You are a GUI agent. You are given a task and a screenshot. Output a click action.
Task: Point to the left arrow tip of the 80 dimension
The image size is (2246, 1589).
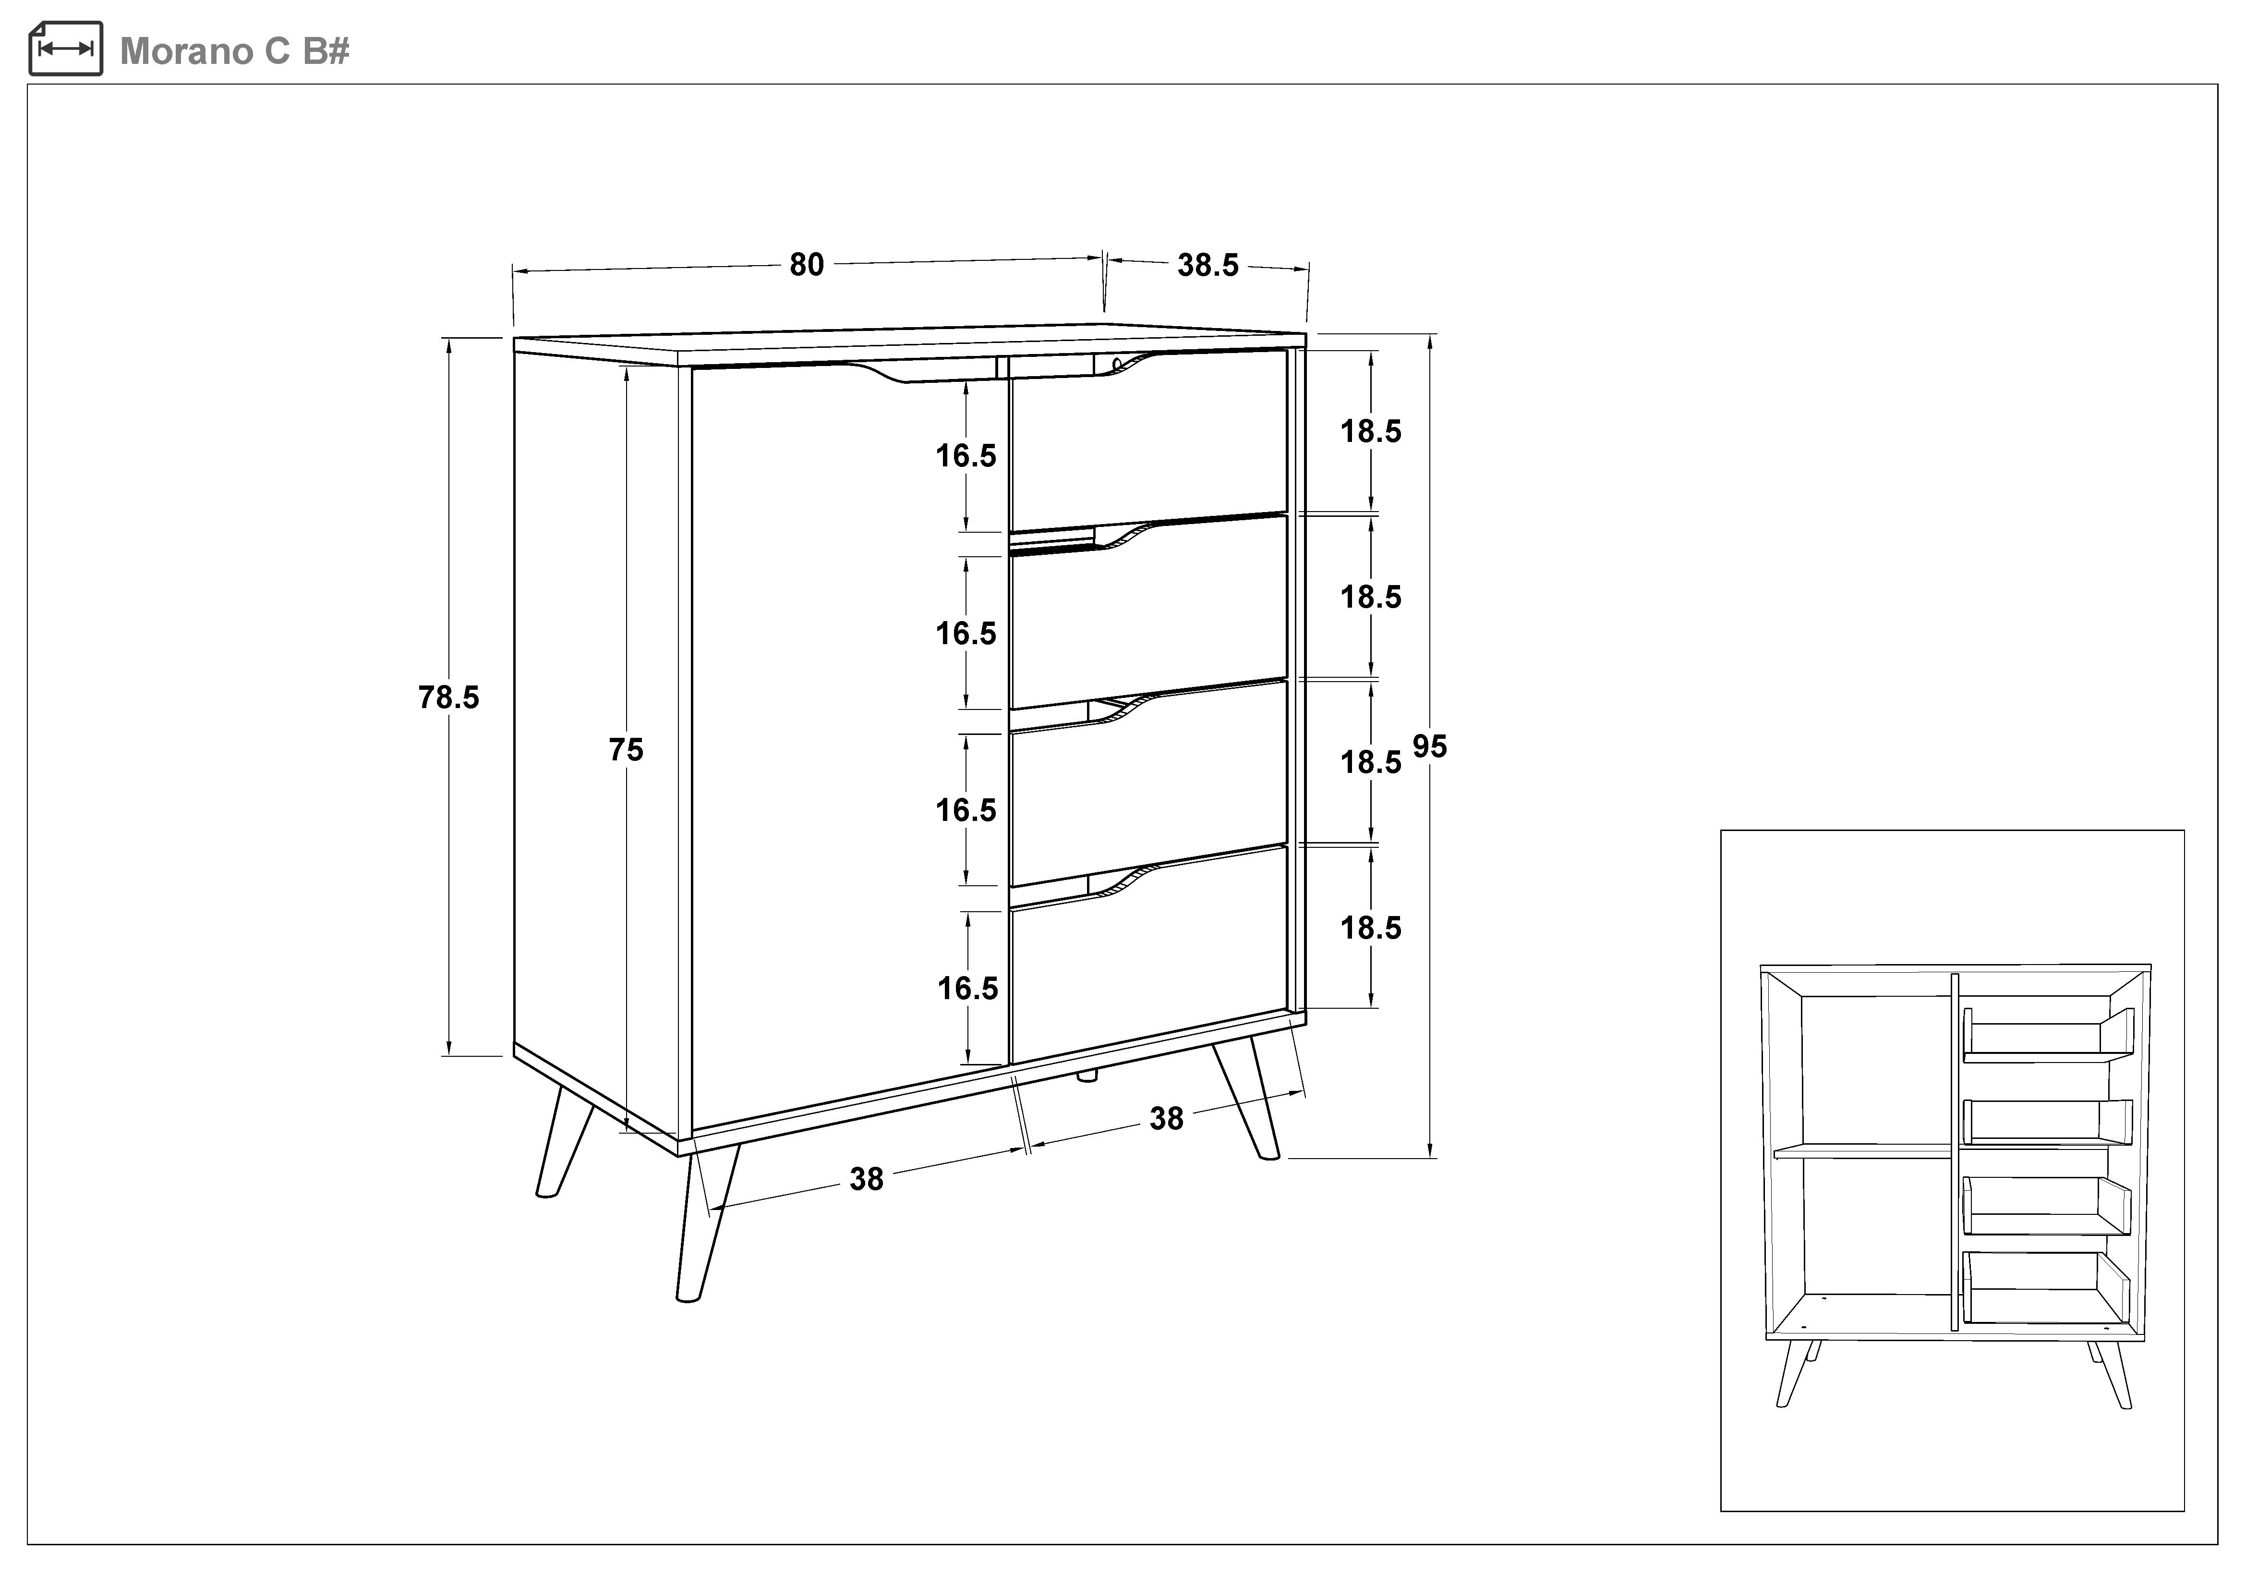tap(514, 272)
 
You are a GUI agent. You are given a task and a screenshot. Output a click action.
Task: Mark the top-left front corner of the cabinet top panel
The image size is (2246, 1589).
tap(515, 340)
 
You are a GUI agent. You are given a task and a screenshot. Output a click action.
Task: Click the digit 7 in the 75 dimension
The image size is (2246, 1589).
tap(617, 749)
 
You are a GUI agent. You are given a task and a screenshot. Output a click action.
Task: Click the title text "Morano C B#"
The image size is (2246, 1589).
tap(235, 51)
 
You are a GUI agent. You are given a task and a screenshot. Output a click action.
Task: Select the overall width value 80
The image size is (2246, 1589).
tap(807, 264)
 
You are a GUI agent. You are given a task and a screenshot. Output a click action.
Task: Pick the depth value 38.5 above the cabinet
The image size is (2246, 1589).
tap(1208, 265)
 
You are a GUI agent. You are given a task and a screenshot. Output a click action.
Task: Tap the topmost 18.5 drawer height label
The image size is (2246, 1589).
tap(1370, 431)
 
